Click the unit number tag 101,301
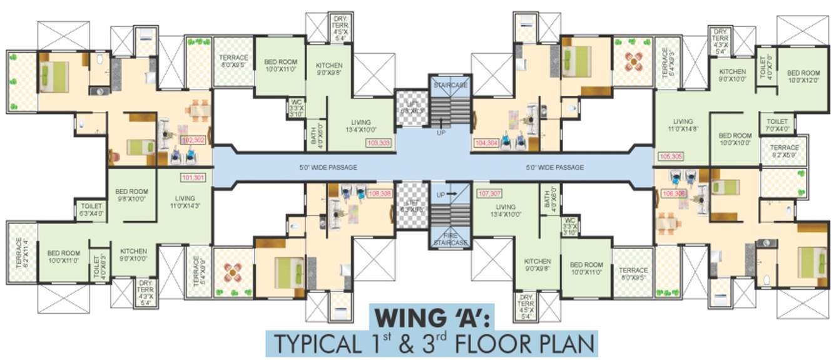coord(193,177)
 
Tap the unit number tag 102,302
coord(193,140)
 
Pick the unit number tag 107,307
coord(488,193)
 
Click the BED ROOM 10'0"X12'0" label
coord(803,76)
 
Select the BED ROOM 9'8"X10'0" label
coord(132,195)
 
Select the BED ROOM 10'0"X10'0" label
coord(735,139)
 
